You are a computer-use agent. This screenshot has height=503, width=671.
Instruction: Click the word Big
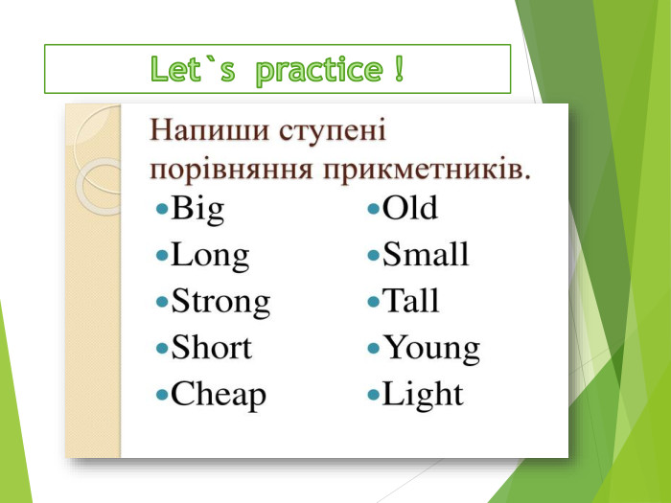[197, 210]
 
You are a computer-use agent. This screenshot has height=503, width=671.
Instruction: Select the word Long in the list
[210, 256]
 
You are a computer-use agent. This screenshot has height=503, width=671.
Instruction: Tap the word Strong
[220, 302]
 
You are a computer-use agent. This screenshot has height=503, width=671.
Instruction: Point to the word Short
[211, 347]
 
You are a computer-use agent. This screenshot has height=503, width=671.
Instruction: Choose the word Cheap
[219, 394]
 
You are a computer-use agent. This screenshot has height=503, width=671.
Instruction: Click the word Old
[410, 208]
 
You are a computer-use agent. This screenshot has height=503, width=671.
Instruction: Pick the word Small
[427, 254]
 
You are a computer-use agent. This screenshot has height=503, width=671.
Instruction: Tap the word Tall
[411, 301]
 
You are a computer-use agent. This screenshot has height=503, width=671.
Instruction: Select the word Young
[431, 348]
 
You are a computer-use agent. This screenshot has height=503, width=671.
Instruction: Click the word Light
[423, 394]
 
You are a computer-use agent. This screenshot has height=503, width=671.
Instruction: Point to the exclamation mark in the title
[398, 69]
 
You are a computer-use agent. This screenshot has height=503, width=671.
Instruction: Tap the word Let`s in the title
[192, 69]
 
